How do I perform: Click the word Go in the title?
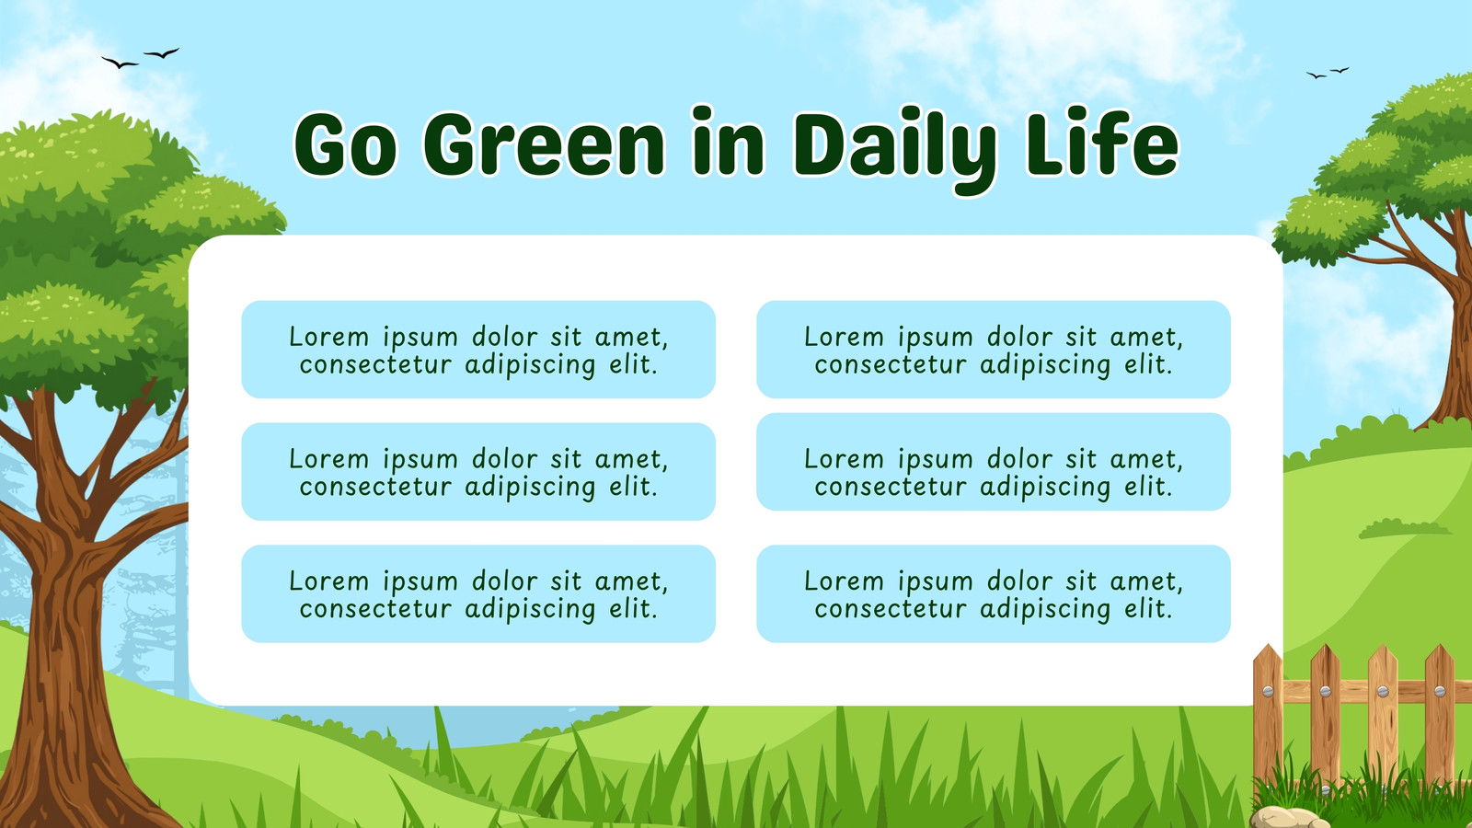point(345,144)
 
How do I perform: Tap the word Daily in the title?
point(895,151)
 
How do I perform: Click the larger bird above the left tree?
point(162,52)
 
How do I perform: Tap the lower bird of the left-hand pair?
point(120,63)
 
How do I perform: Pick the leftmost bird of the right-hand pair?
point(1317,75)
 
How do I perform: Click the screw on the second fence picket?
point(1326,691)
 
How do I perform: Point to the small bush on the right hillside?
point(1404,528)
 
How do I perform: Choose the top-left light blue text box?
point(478,350)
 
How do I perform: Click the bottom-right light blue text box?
point(994,593)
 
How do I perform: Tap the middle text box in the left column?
point(478,472)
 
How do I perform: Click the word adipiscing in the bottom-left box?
point(530,610)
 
